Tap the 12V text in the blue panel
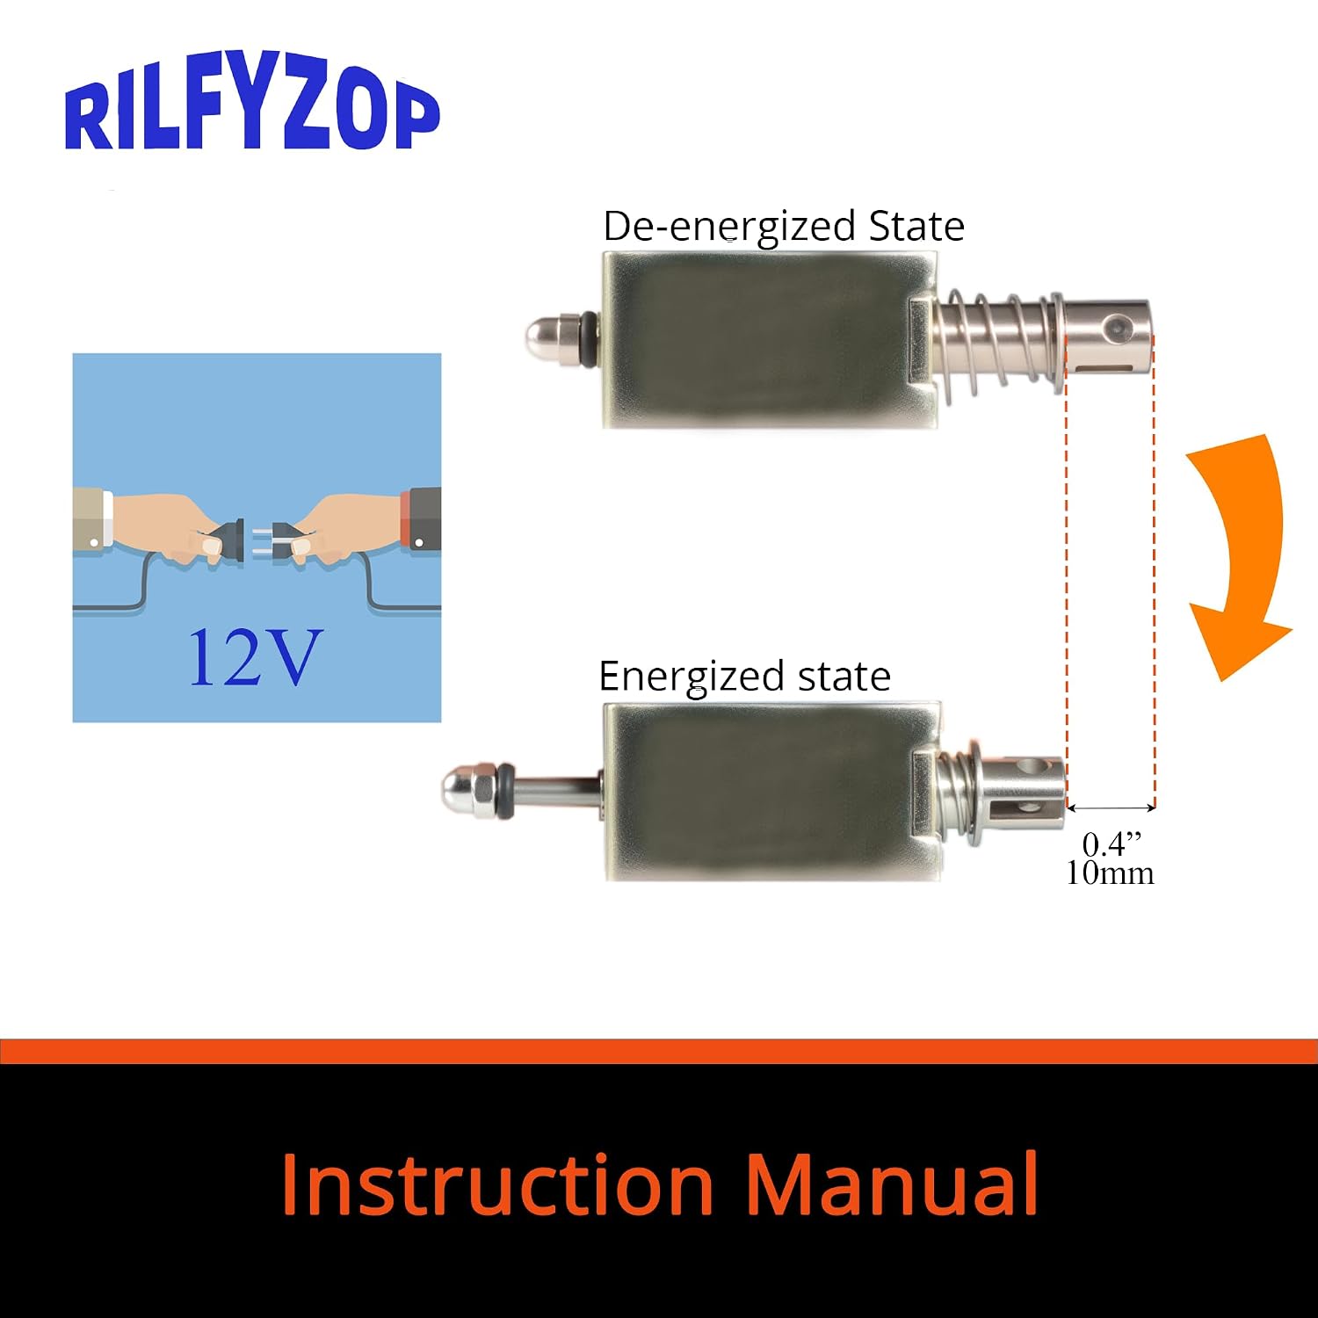[x=255, y=656]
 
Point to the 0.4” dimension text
[x=1112, y=844]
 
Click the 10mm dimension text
[x=1110, y=873]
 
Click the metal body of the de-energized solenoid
[x=770, y=339]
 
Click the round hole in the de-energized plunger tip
[x=1119, y=328]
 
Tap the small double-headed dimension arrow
[x=1111, y=807]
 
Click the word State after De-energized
[x=916, y=227]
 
